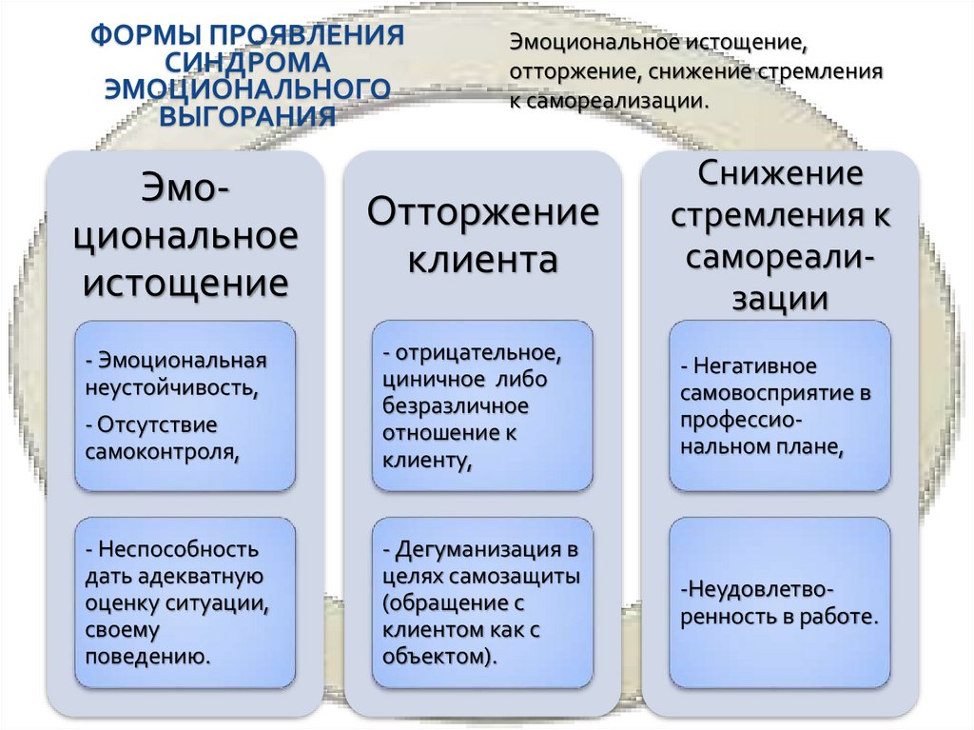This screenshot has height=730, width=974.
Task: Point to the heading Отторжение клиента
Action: coord(482,234)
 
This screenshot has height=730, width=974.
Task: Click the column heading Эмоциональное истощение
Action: coord(186,234)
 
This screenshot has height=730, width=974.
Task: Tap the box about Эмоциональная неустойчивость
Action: coord(185,406)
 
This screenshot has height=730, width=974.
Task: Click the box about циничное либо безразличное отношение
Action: coord(482,406)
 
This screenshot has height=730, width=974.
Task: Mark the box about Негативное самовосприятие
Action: coord(780,406)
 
